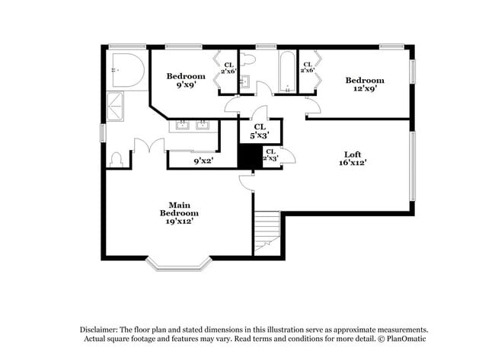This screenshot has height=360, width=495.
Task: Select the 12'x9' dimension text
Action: click(x=364, y=90)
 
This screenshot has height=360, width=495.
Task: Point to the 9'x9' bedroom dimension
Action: click(x=186, y=85)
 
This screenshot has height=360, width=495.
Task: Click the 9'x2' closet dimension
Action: click(x=202, y=161)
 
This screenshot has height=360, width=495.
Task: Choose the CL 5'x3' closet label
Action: click(x=259, y=131)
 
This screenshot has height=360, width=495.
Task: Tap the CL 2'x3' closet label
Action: click(x=270, y=155)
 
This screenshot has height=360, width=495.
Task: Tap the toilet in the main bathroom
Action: click(x=117, y=159)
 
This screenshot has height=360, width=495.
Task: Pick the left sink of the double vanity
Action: click(x=184, y=125)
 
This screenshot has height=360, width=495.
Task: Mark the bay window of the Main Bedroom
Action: click(x=178, y=263)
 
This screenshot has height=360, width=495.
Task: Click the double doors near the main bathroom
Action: click(x=148, y=146)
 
